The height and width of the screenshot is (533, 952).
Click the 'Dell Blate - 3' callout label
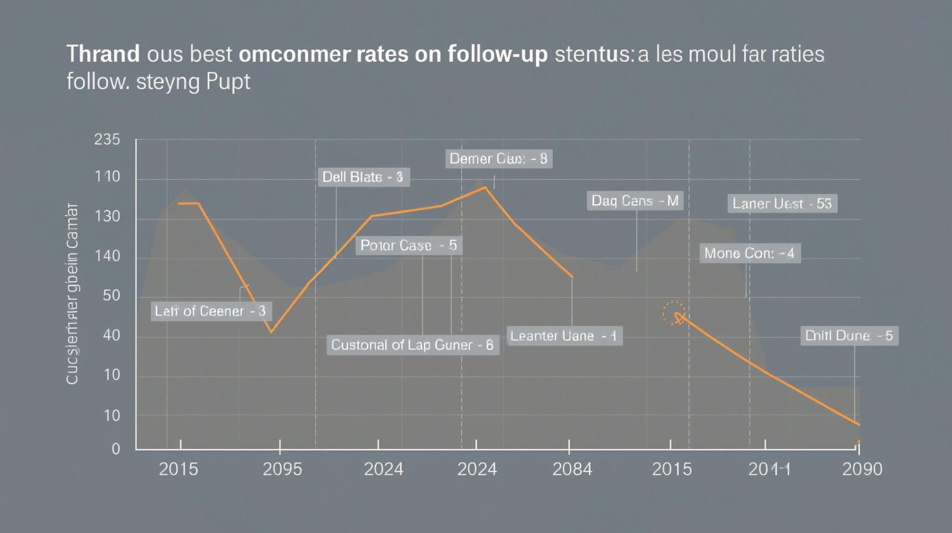pyautogui.click(x=363, y=177)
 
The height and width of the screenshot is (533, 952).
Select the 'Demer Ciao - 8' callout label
pyautogui.click(x=499, y=158)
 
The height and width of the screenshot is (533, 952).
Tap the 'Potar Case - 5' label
pyautogui.click(x=409, y=245)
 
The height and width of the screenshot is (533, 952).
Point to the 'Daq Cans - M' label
pyautogui.click(x=635, y=200)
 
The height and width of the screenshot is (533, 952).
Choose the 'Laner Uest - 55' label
pyautogui.click(x=782, y=203)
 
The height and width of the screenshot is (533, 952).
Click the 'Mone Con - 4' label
pyautogui.click(x=749, y=253)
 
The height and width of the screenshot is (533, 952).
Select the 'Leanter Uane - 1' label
pyautogui.click(x=563, y=336)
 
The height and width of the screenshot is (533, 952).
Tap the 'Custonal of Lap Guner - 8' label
pyautogui.click(x=412, y=345)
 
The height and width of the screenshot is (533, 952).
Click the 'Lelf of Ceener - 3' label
pyautogui.click(x=211, y=311)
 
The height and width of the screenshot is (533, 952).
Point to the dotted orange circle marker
pyautogui.click(x=674, y=312)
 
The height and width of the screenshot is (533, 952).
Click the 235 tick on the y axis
pyautogui.click(x=107, y=140)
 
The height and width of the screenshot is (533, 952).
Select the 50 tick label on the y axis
pyautogui.click(x=111, y=296)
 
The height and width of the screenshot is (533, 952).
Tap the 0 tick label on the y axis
pyautogui.click(x=116, y=449)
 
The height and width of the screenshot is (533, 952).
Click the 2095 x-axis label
pyautogui.click(x=282, y=469)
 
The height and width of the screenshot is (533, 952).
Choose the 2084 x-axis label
pyautogui.click(x=572, y=469)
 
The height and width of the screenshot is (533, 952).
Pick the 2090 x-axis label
pyautogui.click(x=862, y=469)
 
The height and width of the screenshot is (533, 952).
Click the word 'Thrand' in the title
pyautogui.click(x=103, y=54)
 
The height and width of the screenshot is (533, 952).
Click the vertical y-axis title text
pyautogui.click(x=72, y=294)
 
